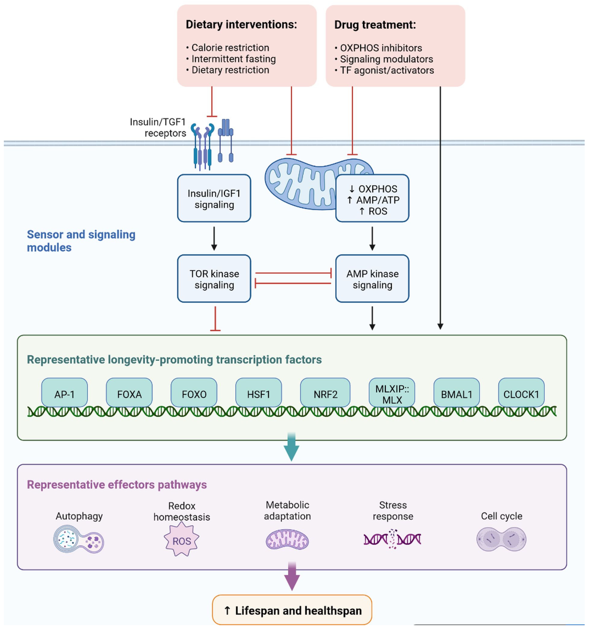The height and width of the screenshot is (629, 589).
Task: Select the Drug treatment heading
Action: coord(375,25)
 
